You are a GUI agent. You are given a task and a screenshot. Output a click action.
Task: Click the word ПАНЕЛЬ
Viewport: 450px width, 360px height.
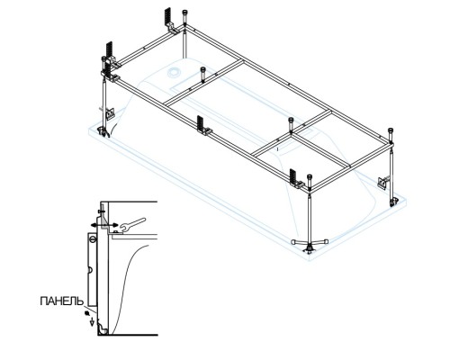61,301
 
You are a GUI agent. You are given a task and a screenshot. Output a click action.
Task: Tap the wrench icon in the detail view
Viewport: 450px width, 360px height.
132,225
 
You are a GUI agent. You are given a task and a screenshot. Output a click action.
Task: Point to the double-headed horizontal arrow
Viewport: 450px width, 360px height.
104,225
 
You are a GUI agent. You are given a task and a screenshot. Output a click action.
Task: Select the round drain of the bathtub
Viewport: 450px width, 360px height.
174,72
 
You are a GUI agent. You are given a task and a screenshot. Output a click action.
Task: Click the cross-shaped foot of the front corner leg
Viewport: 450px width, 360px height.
310,242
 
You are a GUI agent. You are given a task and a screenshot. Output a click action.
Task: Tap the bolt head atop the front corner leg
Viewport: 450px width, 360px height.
310,177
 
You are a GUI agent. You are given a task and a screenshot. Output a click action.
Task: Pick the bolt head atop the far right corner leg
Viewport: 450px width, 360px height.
391,130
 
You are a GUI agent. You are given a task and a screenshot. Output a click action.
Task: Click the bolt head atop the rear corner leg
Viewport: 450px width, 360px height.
185,13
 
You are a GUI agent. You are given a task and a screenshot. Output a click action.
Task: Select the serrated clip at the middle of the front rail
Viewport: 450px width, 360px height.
202,124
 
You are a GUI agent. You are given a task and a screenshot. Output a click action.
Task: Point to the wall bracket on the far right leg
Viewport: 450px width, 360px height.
383,183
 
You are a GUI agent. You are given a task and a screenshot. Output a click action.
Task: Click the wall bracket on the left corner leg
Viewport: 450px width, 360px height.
110,113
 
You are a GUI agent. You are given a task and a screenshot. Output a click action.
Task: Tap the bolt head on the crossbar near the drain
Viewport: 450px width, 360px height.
203,70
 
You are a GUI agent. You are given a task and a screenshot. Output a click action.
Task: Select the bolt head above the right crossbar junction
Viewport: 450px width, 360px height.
291,121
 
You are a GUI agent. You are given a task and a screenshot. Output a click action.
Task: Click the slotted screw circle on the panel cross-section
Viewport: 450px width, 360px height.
93,239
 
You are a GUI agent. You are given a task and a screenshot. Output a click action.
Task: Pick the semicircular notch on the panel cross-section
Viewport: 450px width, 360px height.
89,270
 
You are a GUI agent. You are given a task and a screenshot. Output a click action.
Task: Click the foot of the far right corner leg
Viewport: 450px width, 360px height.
392,202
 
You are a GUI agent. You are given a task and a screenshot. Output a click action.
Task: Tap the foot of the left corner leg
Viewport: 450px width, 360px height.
103,131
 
